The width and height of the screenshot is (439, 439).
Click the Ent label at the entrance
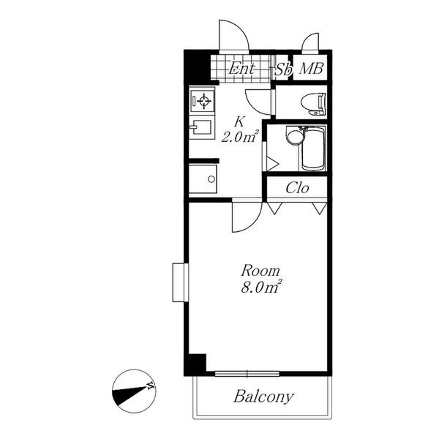241,69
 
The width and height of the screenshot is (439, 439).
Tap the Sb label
283,70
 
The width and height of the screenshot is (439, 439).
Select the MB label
312,69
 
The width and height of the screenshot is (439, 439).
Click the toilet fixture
313,104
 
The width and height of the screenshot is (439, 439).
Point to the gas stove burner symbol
204,101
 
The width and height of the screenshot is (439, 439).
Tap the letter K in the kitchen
239,122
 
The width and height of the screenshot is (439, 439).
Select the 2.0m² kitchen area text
240,137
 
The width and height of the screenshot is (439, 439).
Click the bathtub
314,149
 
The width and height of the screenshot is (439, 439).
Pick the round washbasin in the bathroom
293,136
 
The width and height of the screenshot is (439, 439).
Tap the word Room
260,271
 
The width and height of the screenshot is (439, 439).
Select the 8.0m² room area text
261,287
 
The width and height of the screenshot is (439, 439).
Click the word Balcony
263,397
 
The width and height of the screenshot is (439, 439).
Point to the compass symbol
134,391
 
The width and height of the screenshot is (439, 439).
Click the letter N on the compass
151,386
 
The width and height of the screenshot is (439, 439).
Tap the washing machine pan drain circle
211,179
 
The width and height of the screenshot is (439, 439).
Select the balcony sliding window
247,373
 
